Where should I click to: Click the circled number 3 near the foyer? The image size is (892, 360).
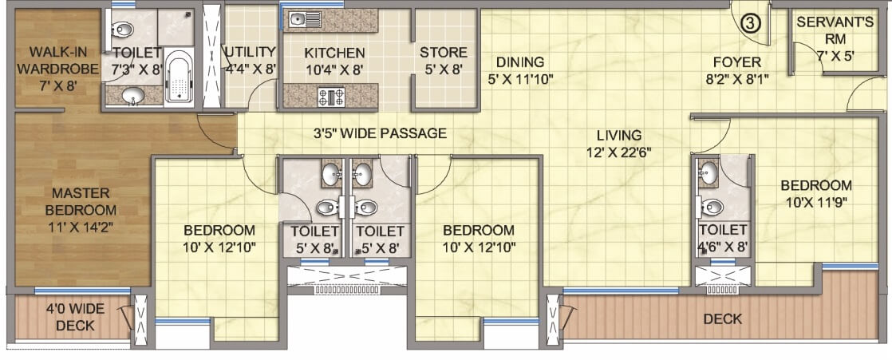coord(750,23)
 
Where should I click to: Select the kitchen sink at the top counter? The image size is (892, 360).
coord(297,19)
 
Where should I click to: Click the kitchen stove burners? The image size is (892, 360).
coord(330,97)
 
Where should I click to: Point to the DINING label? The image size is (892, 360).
coord(519,62)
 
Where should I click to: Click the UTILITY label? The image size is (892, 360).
coord(250,53)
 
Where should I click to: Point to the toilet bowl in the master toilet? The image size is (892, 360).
coord(121,31)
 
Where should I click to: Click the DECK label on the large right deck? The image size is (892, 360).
coord(722,319)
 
